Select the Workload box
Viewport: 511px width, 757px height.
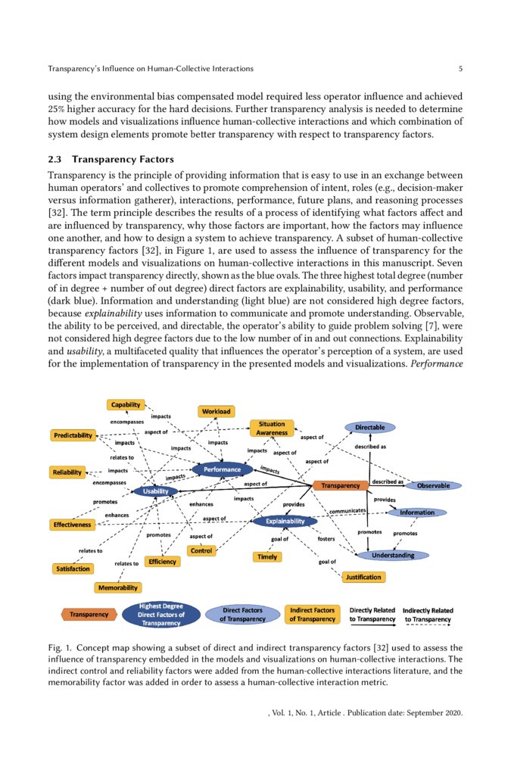[x=216, y=412]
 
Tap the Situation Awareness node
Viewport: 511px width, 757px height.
[x=272, y=428]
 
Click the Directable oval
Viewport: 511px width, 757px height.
[x=370, y=428]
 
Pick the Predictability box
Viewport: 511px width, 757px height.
[x=73, y=435]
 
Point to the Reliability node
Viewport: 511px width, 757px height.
[x=67, y=472]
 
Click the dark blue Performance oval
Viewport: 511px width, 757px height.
[x=222, y=469]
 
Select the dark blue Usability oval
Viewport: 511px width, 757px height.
[x=155, y=491]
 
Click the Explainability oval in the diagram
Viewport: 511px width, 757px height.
[x=284, y=521]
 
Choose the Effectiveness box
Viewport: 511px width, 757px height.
[x=72, y=524]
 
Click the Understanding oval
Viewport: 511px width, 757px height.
[x=391, y=555]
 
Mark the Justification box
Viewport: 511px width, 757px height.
[x=363, y=577]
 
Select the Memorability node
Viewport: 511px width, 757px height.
[x=117, y=587]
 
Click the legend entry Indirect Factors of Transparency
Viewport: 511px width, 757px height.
[x=313, y=614]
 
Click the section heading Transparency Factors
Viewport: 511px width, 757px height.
[x=124, y=160]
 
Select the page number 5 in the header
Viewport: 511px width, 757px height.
[x=460, y=69]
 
